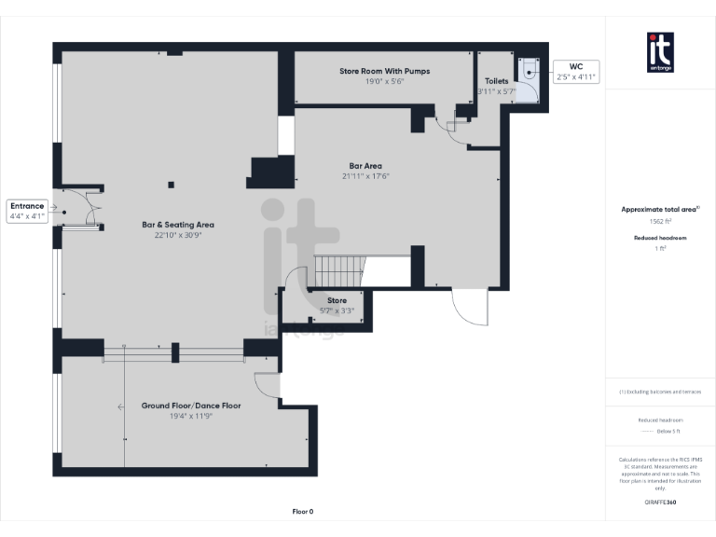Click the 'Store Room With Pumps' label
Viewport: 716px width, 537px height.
point(383,70)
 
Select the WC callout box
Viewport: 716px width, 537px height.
point(575,71)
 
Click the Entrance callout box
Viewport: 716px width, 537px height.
point(27,211)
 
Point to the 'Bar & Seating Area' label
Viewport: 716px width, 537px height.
point(178,224)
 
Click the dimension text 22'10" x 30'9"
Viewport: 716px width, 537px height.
point(178,235)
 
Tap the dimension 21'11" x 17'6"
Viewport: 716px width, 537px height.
point(365,175)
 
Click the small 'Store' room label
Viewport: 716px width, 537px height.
point(337,300)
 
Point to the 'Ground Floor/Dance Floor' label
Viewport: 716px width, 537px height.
point(191,406)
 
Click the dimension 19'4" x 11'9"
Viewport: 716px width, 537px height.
point(191,417)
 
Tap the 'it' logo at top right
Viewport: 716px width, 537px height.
point(660,50)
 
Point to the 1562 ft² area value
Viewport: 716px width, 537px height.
point(660,222)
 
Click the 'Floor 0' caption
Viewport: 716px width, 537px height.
point(303,511)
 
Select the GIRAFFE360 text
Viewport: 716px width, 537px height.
point(660,503)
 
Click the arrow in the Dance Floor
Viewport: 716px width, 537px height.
point(121,406)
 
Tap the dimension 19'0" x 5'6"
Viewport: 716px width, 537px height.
point(383,81)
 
